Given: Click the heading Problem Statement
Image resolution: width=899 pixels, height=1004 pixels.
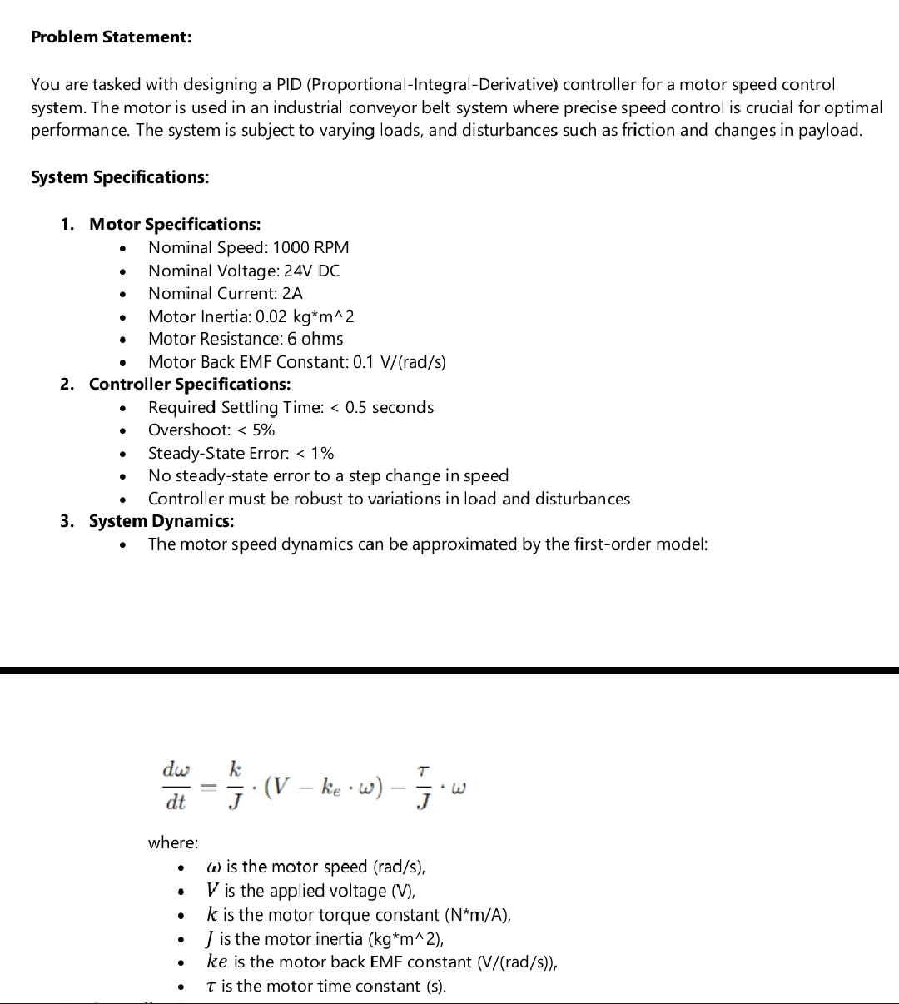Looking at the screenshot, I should click(111, 37).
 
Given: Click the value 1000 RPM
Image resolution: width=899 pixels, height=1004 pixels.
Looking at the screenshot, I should click(310, 247).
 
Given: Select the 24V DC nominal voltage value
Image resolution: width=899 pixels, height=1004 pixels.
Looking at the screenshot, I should click(311, 271).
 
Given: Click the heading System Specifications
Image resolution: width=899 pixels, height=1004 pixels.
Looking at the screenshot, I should click(120, 177).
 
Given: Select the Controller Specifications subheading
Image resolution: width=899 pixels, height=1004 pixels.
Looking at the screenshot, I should click(190, 384).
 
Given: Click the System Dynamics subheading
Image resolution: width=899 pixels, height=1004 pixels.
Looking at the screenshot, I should click(161, 521).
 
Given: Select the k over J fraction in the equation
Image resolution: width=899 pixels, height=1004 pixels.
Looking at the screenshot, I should click(236, 785).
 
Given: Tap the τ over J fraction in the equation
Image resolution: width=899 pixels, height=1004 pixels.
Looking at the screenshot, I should click(424, 785).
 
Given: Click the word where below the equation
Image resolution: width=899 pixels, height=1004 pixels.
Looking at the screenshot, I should click(173, 842).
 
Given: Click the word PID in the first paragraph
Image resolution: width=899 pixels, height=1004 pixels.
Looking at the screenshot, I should click(289, 84).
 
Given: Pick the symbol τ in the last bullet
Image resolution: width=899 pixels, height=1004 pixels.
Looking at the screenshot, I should click(212, 987).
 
